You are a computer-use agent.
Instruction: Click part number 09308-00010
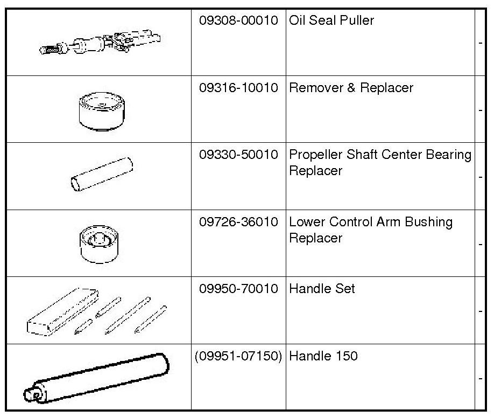pyautogui.click(x=238, y=20)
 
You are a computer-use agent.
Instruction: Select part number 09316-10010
pyautogui.click(x=238, y=88)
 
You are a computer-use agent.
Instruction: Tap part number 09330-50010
pyautogui.click(x=238, y=155)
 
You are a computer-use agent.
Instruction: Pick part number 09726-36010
pyautogui.click(x=238, y=222)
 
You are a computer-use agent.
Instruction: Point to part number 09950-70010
pyautogui.click(x=238, y=289)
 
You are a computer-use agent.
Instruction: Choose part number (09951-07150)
pyautogui.click(x=238, y=356)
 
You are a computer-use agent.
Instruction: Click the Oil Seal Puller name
pyautogui.click(x=331, y=20)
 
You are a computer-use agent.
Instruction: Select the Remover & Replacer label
pyautogui.click(x=351, y=88)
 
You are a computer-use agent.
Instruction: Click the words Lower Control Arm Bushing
pyautogui.click(x=371, y=222)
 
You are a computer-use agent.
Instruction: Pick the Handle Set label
pyautogui.click(x=322, y=289)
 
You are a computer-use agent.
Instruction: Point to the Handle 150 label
pyautogui.click(x=323, y=356)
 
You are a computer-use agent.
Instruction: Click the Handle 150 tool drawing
pyautogui.click(x=97, y=378)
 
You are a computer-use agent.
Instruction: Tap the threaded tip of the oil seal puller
pyautogui.click(x=49, y=50)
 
